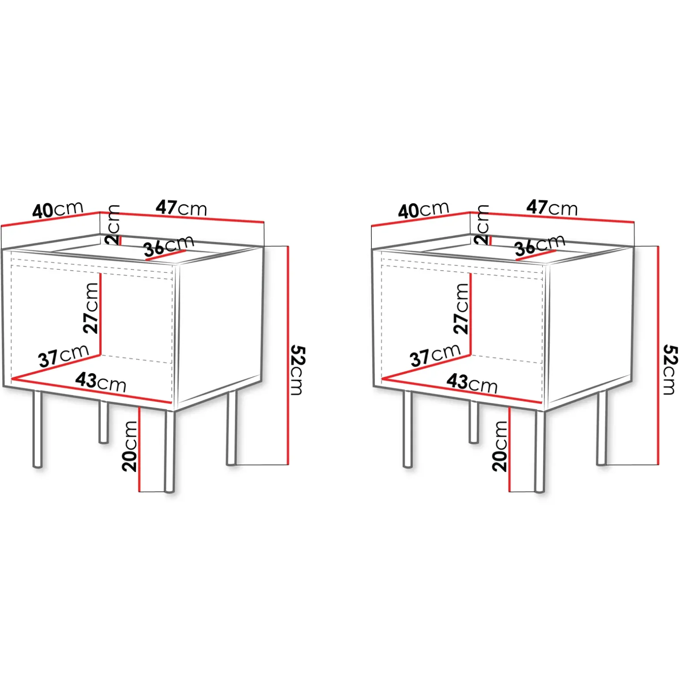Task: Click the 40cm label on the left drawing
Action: point(58,210)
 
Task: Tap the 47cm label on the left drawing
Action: point(181,208)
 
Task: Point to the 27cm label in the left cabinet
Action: point(91,308)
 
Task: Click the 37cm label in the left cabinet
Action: point(64,356)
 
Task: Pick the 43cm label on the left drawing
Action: point(101,382)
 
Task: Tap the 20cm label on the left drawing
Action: point(130,446)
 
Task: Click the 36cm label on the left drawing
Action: point(169,246)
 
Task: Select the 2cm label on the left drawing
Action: point(113,225)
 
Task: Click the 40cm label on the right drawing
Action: point(423,211)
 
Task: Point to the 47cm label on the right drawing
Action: point(552,208)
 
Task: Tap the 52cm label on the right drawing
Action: point(669,370)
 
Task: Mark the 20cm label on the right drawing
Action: point(500,446)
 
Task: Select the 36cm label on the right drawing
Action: point(540,246)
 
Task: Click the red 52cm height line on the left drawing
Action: point(288,355)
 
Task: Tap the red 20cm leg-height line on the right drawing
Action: point(509,450)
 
